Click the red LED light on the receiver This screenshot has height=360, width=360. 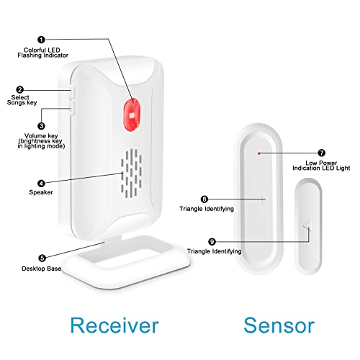[x=130, y=112]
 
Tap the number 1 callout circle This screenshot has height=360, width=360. [x=42, y=40]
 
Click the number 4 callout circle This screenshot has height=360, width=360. [x=42, y=172]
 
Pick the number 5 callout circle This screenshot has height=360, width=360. [x=42, y=257]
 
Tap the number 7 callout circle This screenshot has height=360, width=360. [x=321, y=153]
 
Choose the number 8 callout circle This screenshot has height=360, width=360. [x=204, y=199]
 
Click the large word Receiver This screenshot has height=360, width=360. [x=114, y=324]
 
